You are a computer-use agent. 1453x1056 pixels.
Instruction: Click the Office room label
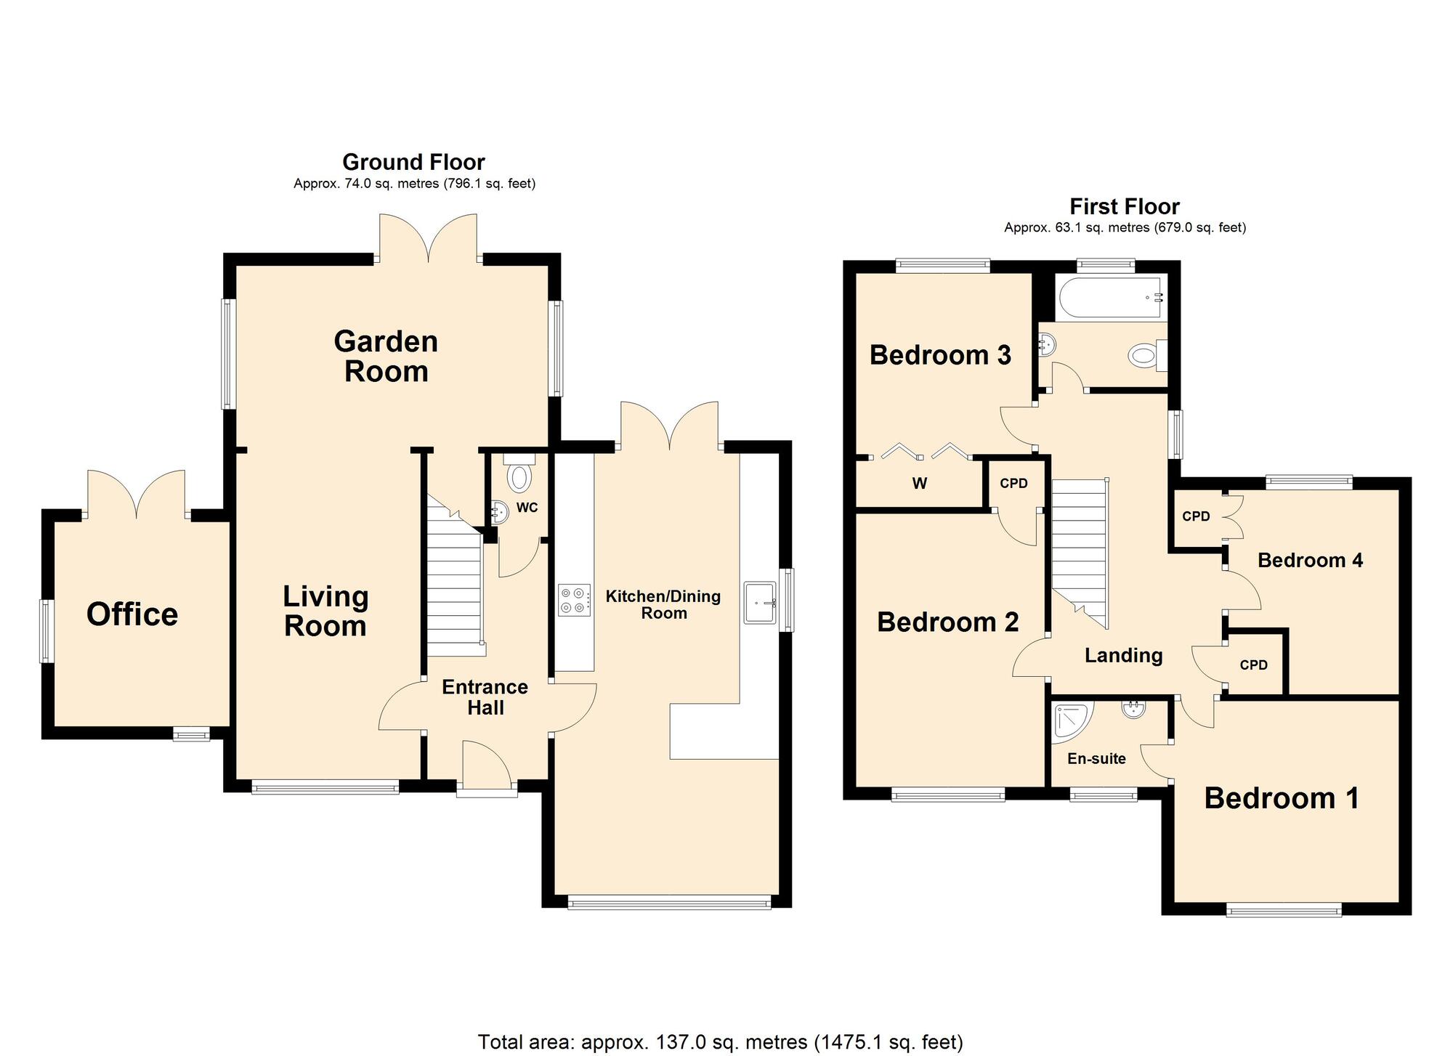tap(132, 614)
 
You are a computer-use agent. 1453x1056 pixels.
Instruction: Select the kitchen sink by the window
tap(761, 602)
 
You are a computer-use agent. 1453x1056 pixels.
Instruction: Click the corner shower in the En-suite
tap(1071, 721)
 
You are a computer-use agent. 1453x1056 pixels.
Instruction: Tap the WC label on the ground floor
tap(527, 508)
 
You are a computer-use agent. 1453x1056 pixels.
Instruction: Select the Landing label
tap(1123, 656)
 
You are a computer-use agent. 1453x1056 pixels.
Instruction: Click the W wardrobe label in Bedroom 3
tap(920, 484)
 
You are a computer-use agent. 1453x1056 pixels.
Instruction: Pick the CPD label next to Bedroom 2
tap(1013, 484)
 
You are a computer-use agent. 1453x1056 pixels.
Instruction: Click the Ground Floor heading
tap(413, 162)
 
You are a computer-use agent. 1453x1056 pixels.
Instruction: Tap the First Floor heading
tap(1124, 207)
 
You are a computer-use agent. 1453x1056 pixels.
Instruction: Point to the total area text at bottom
tap(720, 1042)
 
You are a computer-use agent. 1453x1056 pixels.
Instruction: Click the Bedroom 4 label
tap(1310, 560)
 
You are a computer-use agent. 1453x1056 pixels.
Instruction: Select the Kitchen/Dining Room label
tap(663, 604)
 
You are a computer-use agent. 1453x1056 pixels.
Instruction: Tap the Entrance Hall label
tap(485, 697)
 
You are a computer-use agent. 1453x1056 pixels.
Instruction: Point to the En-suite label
tap(1096, 759)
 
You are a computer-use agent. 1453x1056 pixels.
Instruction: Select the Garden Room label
tap(386, 357)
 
